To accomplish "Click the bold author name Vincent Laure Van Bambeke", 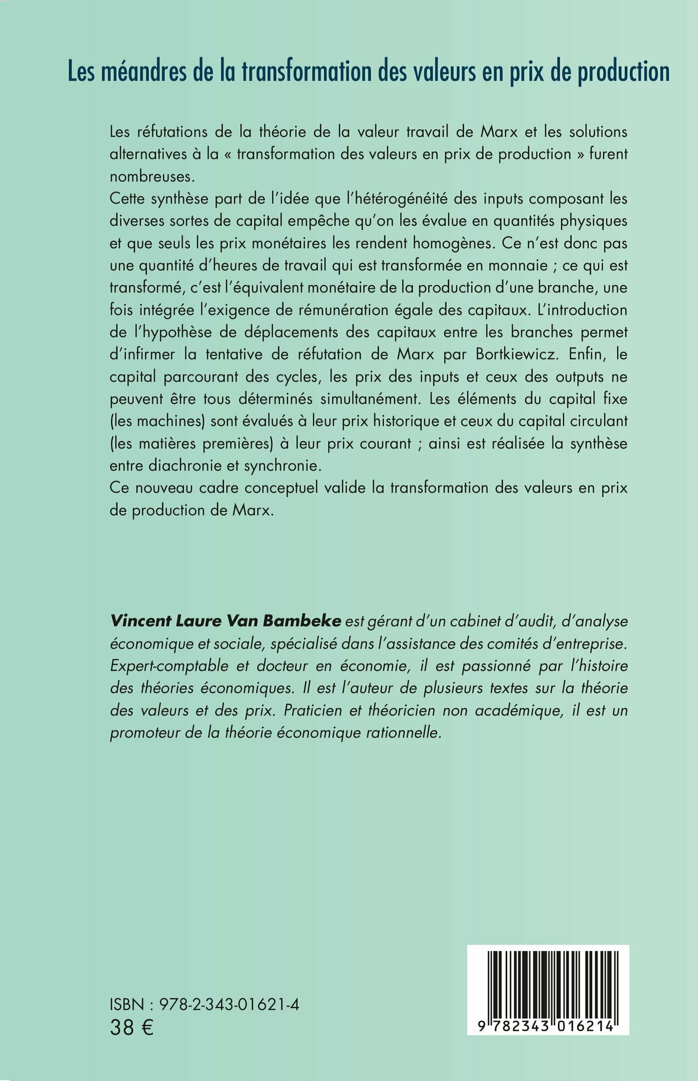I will tap(225, 621).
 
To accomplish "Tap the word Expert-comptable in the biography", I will tap(169, 666).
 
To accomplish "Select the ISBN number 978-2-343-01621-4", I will tap(229, 1004).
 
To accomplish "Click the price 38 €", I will tap(132, 1028).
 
